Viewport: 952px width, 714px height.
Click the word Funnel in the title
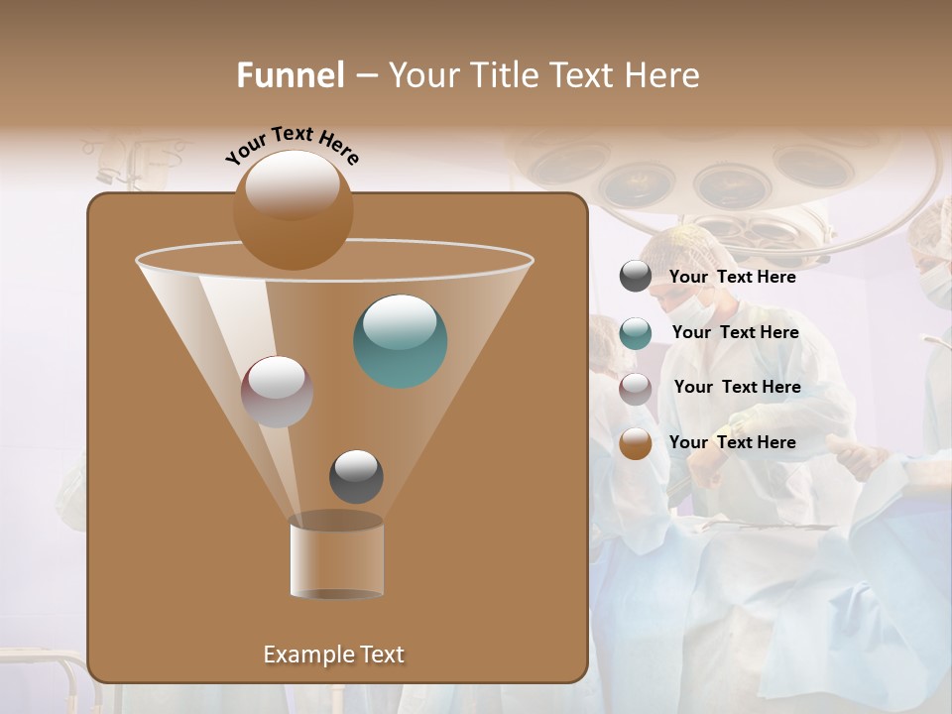click(x=291, y=75)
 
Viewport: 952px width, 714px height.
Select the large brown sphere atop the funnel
click(x=293, y=209)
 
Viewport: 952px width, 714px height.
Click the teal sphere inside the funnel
click(x=401, y=340)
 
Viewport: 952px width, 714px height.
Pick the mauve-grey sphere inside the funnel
click(x=277, y=391)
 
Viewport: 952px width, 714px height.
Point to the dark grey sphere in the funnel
click(x=356, y=476)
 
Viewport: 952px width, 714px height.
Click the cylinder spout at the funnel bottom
click(x=336, y=560)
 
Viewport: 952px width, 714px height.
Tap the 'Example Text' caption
click(x=334, y=654)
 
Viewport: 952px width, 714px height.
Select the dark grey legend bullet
click(x=636, y=276)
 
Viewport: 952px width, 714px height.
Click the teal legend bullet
click(x=636, y=333)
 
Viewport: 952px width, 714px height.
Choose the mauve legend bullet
click(x=636, y=389)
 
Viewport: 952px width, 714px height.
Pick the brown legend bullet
click(x=636, y=443)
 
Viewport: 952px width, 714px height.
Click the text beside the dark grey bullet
click(x=732, y=277)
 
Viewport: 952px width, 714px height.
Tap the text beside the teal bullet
click(x=735, y=332)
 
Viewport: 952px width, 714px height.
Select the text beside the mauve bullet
click(x=737, y=387)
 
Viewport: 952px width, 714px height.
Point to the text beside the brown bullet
click(x=732, y=442)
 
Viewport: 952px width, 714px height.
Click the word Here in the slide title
click(x=663, y=75)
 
